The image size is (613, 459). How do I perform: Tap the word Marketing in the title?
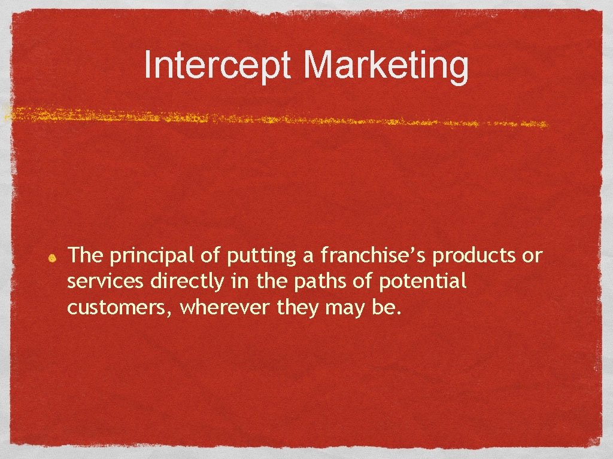386,66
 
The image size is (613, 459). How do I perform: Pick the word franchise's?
374,255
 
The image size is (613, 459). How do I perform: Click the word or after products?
532,256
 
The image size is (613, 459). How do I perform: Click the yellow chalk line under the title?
275,117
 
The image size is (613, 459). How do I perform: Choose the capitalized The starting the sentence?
85,256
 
